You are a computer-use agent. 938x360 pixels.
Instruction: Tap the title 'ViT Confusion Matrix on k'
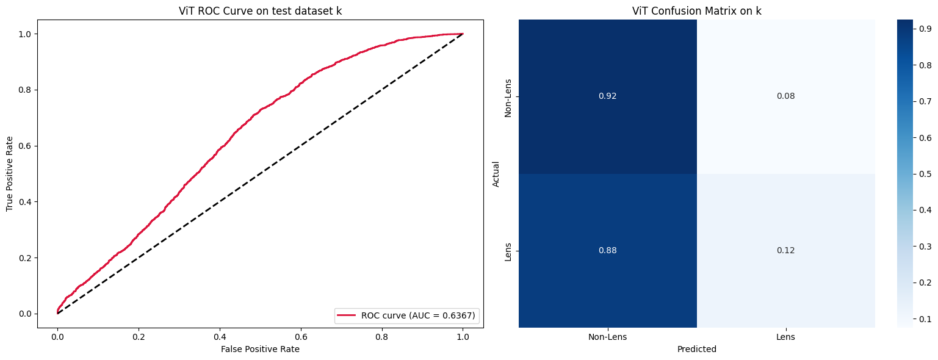pyautogui.click(x=696, y=10)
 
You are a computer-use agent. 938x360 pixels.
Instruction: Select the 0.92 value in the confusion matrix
pyautogui.click(x=607, y=96)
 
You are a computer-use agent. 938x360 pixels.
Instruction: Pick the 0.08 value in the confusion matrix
pyautogui.click(x=785, y=96)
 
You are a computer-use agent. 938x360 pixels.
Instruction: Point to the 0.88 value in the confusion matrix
pyautogui.click(x=607, y=250)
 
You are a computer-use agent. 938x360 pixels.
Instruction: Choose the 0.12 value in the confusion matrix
pyautogui.click(x=785, y=250)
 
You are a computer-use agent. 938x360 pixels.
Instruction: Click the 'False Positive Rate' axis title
pyautogui.click(x=260, y=349)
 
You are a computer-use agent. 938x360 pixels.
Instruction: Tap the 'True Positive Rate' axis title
pyautogui.click(x=10, y=173)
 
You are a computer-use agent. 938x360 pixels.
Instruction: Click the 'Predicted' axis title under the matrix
pyautogui.click(x=696, y=349)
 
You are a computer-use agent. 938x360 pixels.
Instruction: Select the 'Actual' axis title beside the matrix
pyautogui.click(x=496, y=173)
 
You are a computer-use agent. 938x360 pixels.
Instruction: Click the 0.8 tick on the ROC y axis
pyautogui.click(x=24, y=90)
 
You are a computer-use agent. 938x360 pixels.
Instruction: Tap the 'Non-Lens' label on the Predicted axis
pyautogui.click(x=607, y=337)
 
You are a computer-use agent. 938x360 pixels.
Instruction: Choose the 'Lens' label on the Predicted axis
pyautogui.click(x=785, y=337)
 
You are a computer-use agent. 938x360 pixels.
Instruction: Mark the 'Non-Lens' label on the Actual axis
pyautogui.click(x=508, y=96)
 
